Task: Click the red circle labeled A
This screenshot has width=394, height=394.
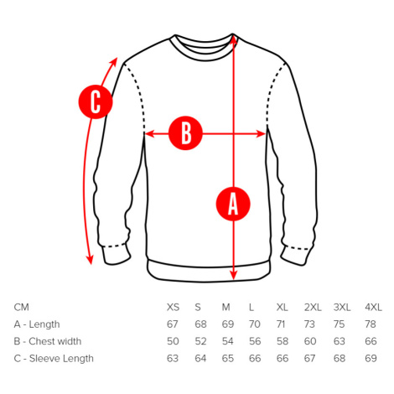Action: [233, 204]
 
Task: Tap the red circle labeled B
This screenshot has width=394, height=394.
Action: [185, 133]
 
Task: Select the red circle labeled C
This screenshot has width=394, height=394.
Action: [96, 101]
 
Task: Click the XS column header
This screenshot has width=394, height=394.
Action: [173, 308]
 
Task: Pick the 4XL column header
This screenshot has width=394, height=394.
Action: [373, 308]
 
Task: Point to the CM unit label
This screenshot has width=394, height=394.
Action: [21, 308]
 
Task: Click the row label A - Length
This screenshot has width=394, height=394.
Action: [37, 324]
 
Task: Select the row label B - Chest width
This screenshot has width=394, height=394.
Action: [48, 341]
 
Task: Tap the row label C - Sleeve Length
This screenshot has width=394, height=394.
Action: [54, 359]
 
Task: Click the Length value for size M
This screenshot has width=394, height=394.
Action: [228, 324]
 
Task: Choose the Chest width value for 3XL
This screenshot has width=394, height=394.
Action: [340, 341]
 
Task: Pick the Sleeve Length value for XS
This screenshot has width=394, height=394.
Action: [173, 359]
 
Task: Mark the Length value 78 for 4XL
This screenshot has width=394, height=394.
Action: [371, 324]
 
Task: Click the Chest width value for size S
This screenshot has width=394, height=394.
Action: [200, 341]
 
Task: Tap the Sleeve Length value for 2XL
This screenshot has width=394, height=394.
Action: [309, 359]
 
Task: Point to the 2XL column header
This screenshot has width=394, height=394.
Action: [313, 308]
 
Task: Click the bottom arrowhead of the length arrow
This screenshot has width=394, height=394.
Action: [234, 274]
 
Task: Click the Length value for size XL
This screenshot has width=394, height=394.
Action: [281, 324]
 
